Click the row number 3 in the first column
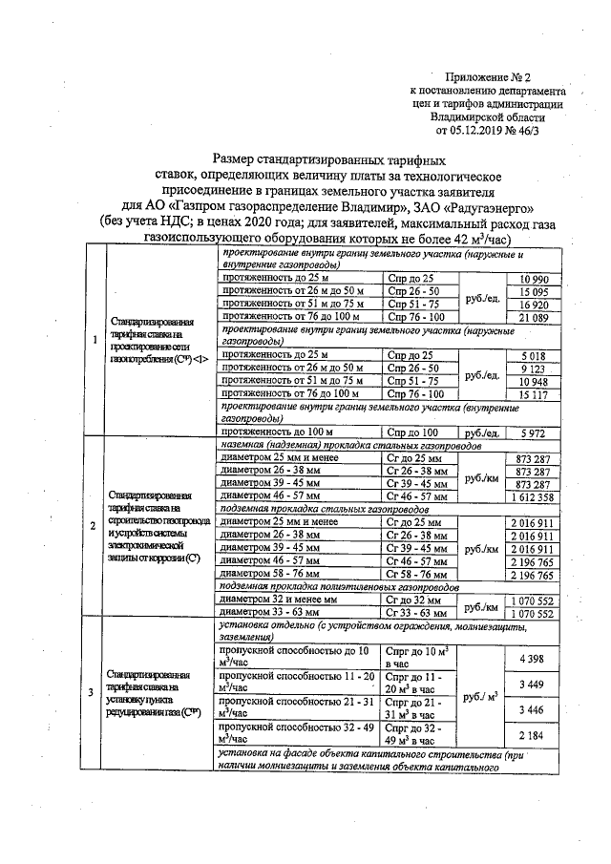93,692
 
